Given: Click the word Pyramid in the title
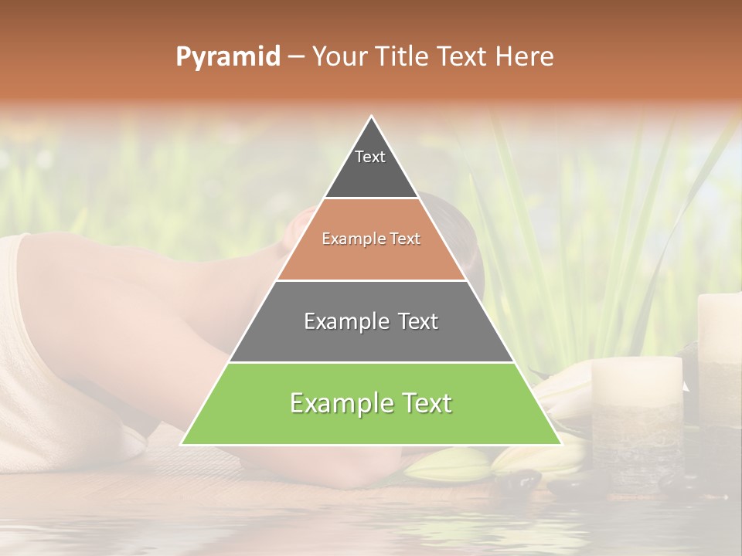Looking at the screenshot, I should coord(227,57).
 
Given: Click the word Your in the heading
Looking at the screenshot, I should coord(339,57).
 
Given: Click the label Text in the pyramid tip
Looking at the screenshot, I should coord(370,157).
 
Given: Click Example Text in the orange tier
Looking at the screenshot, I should coord(371,239).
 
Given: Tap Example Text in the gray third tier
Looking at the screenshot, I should coord(371,321).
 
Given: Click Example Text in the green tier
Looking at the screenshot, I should coord(371,403).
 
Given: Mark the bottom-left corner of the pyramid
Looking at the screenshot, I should coord(182,444).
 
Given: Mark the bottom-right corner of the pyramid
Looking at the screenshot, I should coord(561,444).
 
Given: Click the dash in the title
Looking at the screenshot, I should coord(295,57).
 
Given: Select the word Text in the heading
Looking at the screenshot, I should coord(462,57).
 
